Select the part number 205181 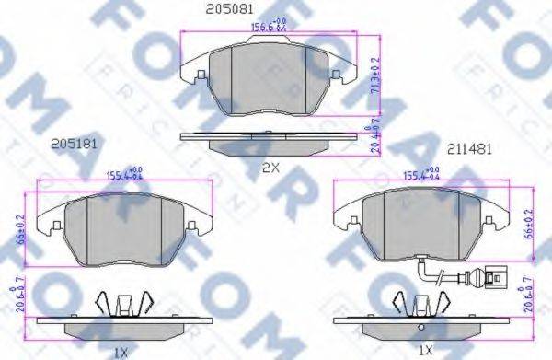pos(75,144)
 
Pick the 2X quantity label pos(270,168)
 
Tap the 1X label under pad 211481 pos(425,351)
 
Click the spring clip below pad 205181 pos(122,302)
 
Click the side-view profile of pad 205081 pos(269,138)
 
